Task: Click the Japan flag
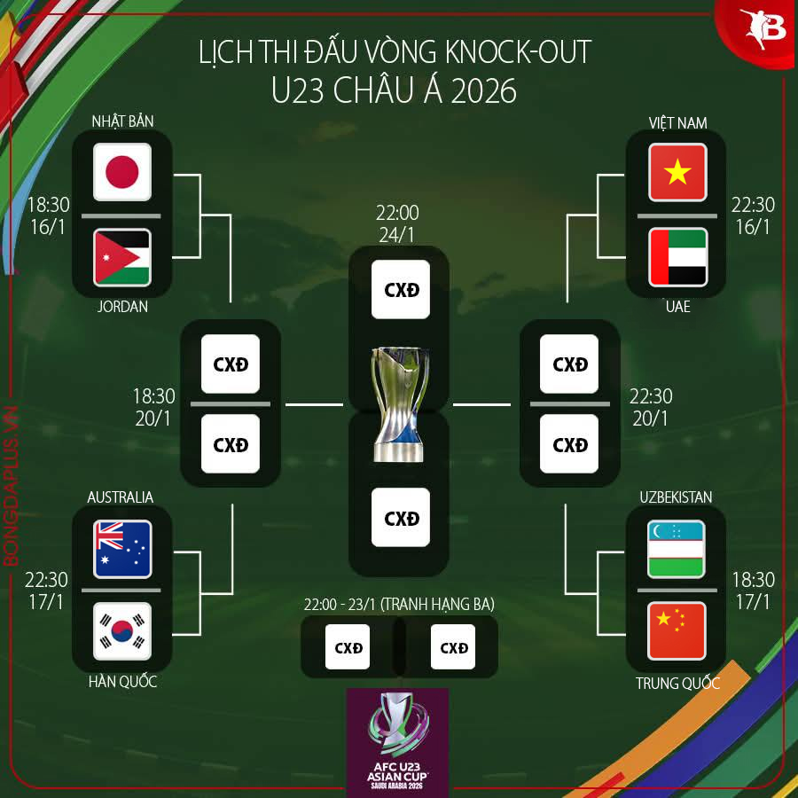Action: click(x=122, y=172)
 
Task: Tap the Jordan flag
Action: click(x=122, y=257)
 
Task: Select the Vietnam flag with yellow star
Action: click(x=677, y=172)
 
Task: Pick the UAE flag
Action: click(x=677, y=257)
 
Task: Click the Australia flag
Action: click(x=122, y=549)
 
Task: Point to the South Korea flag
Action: click(x=122, y=631)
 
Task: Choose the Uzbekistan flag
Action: click(x=677, y=549)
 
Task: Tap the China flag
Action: click(x=677, y=631)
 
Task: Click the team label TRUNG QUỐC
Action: click(x=677, y=684)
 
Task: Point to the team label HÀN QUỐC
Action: click(x=122, y=682)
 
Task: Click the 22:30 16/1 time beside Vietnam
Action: click(x=753, y=215)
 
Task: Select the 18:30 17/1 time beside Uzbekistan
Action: click(x=753, y=590)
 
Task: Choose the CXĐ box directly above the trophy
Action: click(x=401, y=290)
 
